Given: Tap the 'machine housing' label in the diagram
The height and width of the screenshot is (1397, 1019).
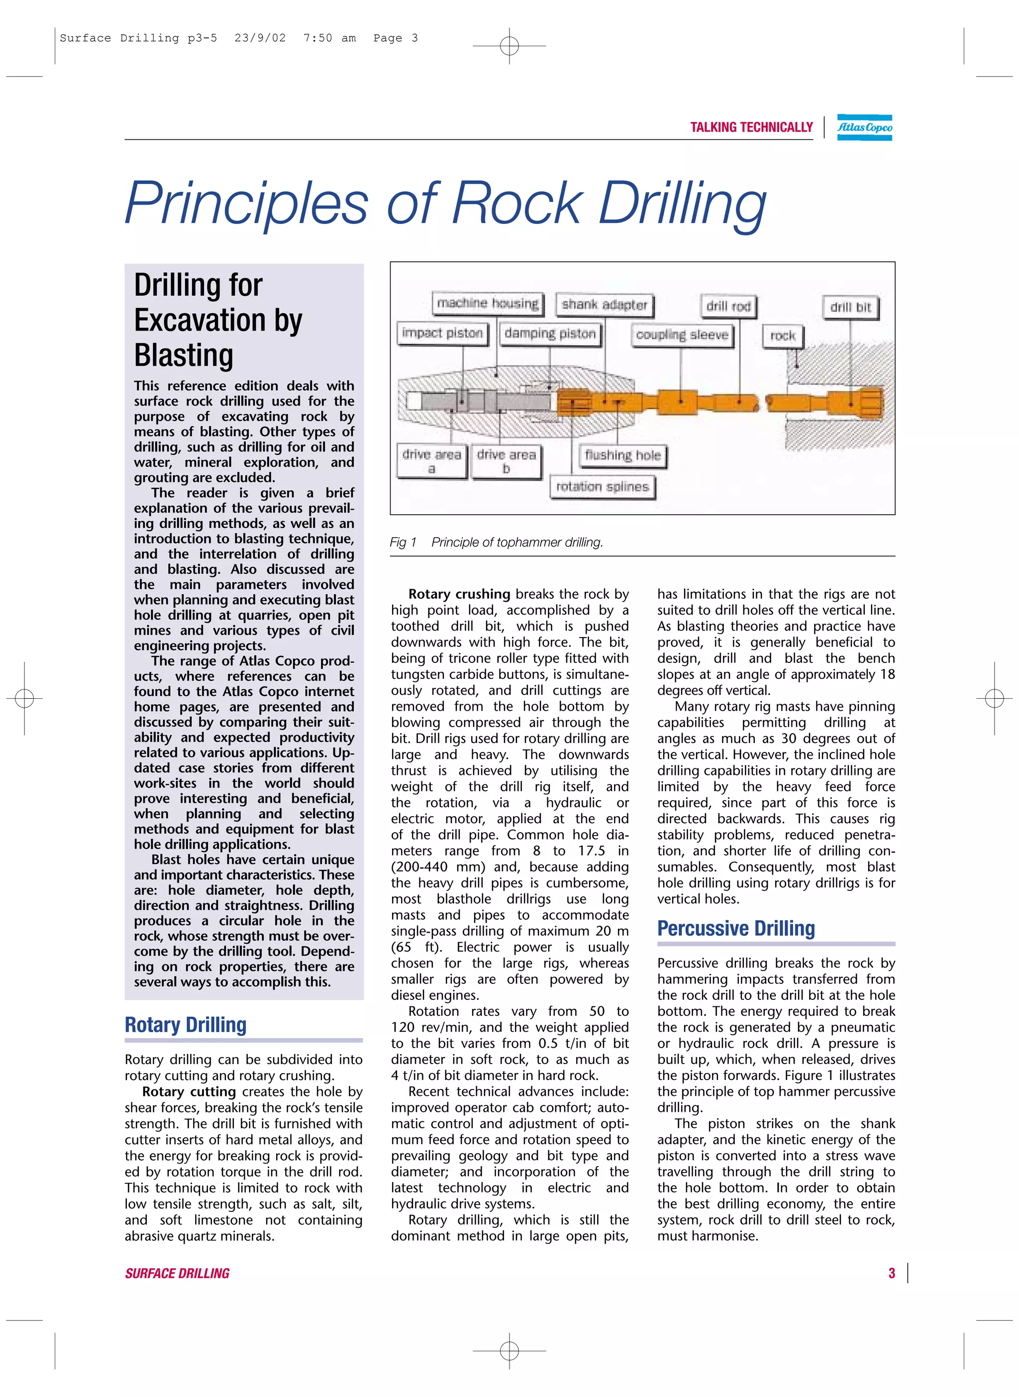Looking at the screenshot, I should pos(487,303).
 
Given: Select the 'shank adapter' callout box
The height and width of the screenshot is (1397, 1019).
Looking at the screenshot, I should pos(604,304).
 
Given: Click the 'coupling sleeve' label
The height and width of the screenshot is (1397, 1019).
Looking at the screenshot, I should pos(682,335).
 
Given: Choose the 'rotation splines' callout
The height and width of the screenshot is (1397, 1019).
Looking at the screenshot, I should pos(602,486).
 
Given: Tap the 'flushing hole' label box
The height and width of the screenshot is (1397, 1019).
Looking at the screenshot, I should pos(622,455).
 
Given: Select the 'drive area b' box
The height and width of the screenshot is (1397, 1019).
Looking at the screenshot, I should pos(506,461).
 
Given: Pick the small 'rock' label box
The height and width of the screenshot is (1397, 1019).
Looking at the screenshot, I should pos(783,335).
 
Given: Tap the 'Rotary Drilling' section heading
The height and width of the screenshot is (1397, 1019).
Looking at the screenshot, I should pos(186,1025).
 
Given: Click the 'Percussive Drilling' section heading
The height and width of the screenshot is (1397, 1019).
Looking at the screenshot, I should pos(736,929).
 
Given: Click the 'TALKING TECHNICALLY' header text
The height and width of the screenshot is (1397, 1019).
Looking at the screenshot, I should pos(751,127).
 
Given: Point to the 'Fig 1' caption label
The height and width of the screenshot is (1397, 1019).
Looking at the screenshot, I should pos(403,542).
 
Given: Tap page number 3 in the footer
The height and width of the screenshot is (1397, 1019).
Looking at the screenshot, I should pos(891,1273).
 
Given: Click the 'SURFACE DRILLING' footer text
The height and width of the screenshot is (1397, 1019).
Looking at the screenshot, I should pos(177,1274).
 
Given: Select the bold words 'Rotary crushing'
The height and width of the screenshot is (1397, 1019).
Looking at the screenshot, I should pos(459,594).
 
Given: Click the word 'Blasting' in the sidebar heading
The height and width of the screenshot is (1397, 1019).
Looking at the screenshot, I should pos(184,355).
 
